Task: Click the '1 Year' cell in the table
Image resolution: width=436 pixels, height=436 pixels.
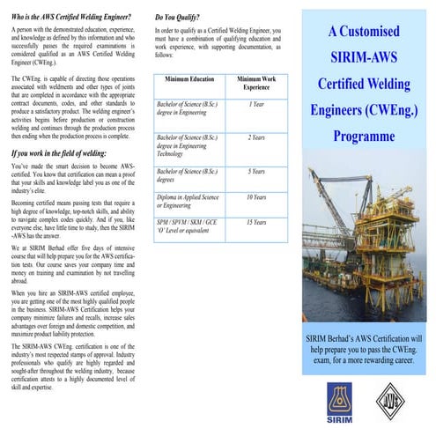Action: [255, 104]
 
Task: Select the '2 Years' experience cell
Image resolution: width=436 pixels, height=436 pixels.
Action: [255, 137]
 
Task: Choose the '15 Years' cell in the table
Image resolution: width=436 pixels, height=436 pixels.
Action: [255, 223]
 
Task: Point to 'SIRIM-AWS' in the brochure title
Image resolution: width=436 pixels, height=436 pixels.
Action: [364, 59]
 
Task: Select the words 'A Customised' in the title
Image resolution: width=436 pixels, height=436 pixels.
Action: [364, 32]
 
